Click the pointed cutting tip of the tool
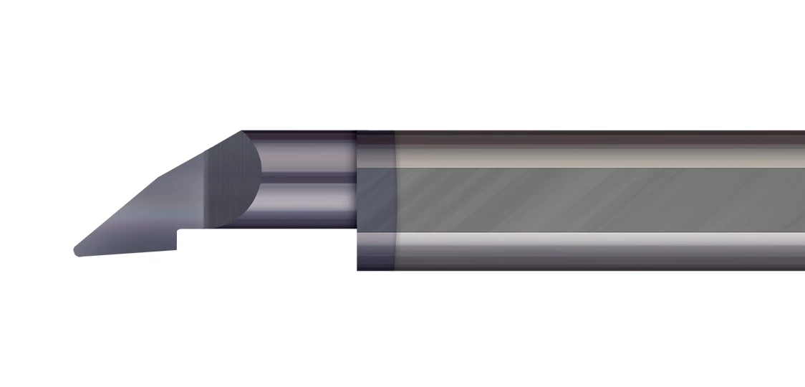tap(77, 251)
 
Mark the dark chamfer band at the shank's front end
tap(376, 201)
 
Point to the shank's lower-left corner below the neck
tap(359, 268)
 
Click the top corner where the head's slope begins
tap(242, 132)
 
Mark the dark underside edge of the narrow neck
tap(301, 226)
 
